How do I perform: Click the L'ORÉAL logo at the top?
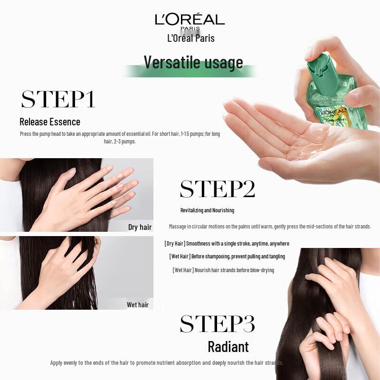pyautogui.click(x=190, y=20)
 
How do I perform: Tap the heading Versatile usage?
pyautogui.click(x=193, y=62)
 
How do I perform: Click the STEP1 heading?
pyautogui.click(x=58, y=99)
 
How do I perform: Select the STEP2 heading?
pyautogui.click(x=218, y=189)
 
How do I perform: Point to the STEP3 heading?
pyautogui.click(x=218, y=323)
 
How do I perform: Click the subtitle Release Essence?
pyautogui.click(x=50, y=122)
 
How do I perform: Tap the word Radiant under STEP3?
pyautogui.click(x=228, y=347)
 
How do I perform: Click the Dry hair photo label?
pyautogui.click(x=140, y=227)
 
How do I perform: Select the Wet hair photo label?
pyautogui.click(x=138, y=305)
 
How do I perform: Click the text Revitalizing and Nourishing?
pyautogui.click(x=207, y=210)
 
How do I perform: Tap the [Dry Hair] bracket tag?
pyautogui.click(x=174, y=244)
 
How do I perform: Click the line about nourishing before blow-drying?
pyautogui.click(x=223, y=270)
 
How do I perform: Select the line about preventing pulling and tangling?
pyautogui.click(x=227, y=256)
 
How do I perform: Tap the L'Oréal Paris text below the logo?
pyautogui.click(x=191, y=38)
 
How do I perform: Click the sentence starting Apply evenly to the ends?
pyautogui.click(x=167, y=363)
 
